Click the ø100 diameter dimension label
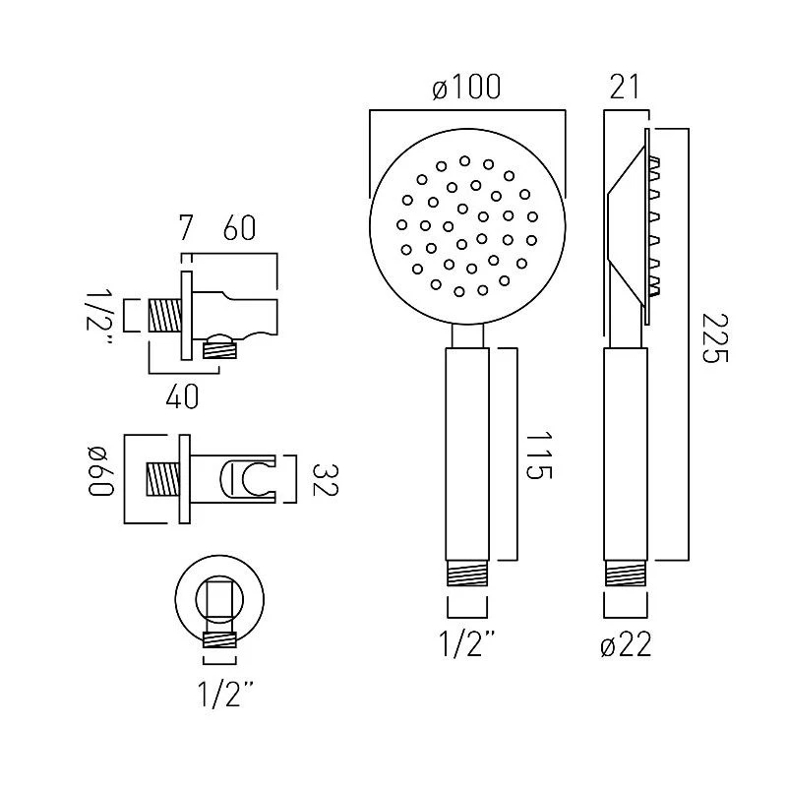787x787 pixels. [x=466, y=88]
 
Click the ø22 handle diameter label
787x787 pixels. [x=625, y=646]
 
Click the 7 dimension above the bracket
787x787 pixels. [x=185, y=229]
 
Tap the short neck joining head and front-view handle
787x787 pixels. [x=466, y=335]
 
